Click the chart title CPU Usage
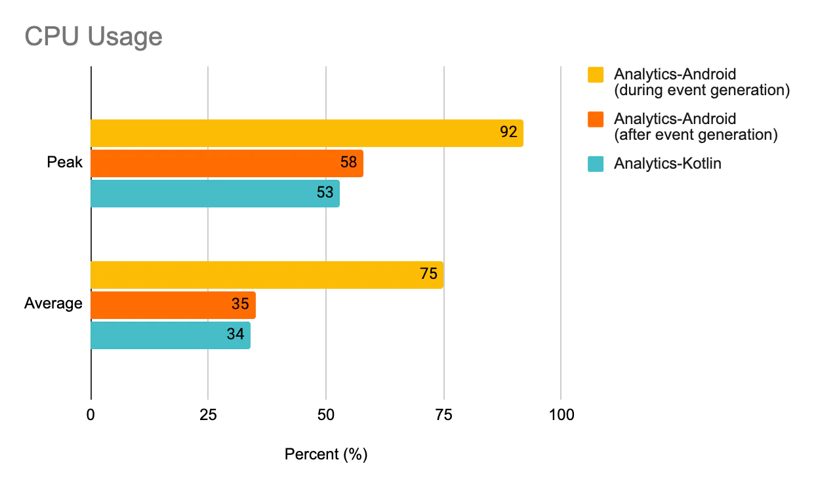[93, 37]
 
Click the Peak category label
[64, 162]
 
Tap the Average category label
[53, 304]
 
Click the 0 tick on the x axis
[91, 415]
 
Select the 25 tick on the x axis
[208, 415]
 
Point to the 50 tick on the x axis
[325, 415]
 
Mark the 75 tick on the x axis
[443, 415]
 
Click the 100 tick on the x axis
[561, 415]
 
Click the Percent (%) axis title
[326, 455]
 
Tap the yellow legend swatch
[596, 75]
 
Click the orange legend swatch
[596, 119]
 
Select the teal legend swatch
[596, 164]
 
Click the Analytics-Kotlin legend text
[667, 164]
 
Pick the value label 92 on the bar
[508, 133]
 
